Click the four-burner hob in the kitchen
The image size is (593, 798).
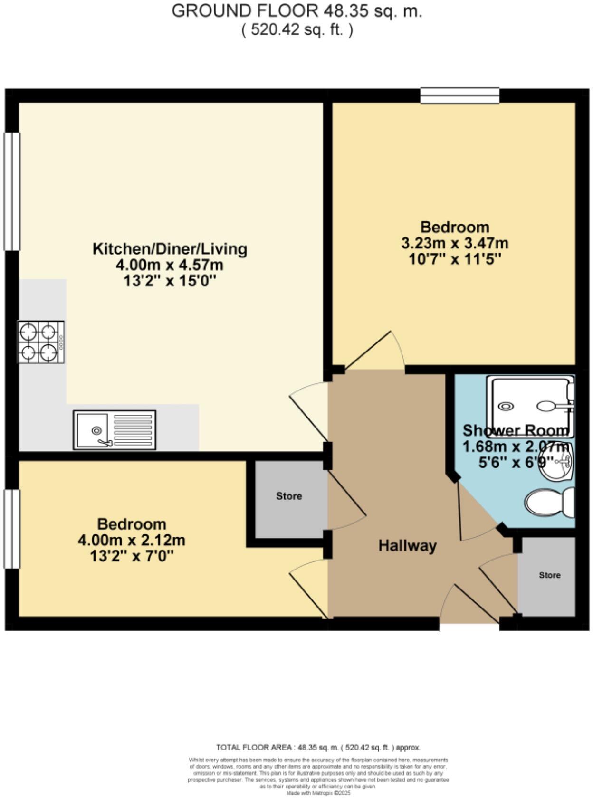pos(41,342)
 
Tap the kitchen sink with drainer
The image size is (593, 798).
pos(115,430)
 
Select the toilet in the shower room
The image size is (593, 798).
pos(549,502)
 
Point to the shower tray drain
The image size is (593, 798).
pos(506,406)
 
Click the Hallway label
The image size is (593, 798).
pos(407,545)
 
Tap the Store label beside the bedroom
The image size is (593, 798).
pos(289,496)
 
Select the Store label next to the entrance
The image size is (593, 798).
pos(549,575)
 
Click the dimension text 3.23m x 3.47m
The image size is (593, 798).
pos(455,243)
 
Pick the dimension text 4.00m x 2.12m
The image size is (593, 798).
pos(132,540)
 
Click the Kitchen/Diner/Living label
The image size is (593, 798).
pos(170,248)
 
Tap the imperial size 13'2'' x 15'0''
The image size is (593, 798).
pos(170,281)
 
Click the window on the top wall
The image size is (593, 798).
pos(460,96)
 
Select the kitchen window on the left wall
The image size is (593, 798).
pos(12,191)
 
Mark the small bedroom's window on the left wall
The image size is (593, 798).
pos(12,529)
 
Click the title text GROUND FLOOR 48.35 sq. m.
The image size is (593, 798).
pos(296,11)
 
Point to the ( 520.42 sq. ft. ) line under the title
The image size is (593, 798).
pos(296,30)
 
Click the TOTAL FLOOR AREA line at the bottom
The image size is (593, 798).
pos(318,747)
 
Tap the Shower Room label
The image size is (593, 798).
pos(516,430)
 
